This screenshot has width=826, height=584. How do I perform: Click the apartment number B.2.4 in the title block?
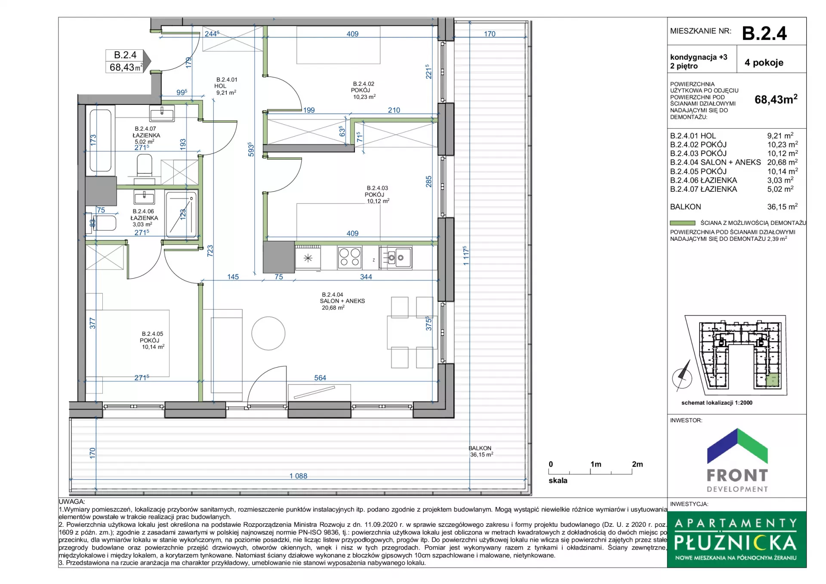click(764, 33)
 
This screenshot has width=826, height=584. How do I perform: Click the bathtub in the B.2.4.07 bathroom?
click(101, 140)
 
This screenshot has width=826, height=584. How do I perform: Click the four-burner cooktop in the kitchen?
click(349, 258)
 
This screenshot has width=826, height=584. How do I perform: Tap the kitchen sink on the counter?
click(396, 258)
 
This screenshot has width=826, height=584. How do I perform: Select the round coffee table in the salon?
click(268, 333)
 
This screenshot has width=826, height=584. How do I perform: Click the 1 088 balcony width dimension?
click(298, 476)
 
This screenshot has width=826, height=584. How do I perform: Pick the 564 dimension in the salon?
click(320, 378)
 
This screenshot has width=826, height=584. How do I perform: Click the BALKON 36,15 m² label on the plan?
click(481, 451)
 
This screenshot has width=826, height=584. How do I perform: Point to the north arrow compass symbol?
click(682, 377)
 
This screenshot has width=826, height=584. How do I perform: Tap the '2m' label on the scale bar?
click(638, 464)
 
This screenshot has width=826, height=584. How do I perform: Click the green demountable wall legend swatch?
click(682, 223)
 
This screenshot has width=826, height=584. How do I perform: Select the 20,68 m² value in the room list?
click(782, 162)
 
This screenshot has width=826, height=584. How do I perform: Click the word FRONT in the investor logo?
click(737, 475)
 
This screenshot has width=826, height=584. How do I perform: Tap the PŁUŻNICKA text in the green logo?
click(736, 543)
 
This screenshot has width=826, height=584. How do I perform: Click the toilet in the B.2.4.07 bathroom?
click(145, 166)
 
